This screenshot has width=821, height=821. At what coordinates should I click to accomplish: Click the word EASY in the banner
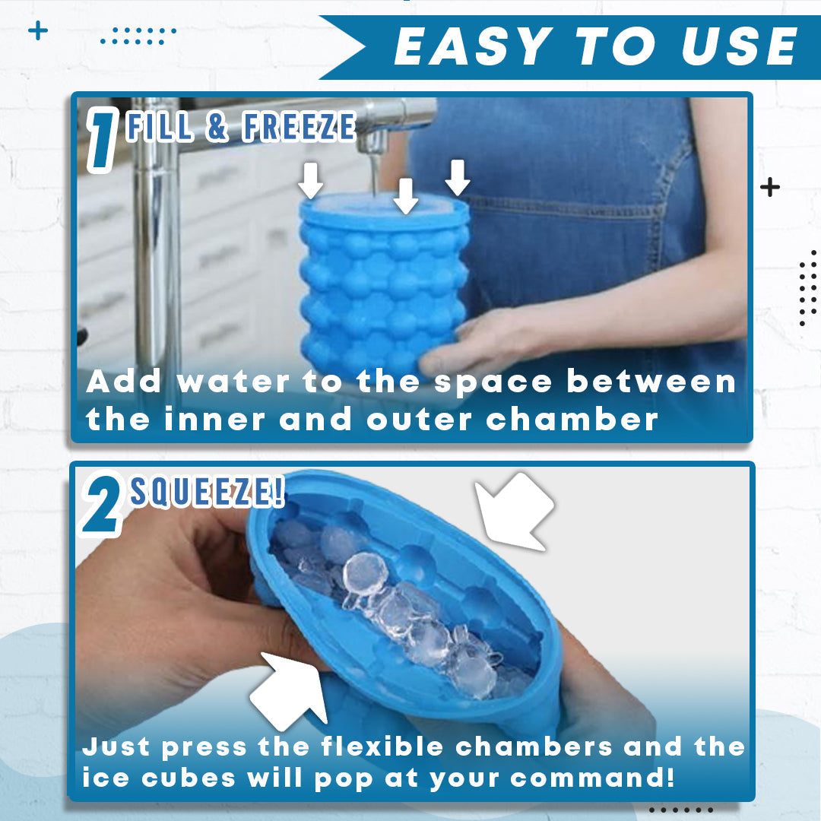[474, 46]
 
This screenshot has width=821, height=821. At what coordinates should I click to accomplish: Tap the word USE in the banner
[740, 46]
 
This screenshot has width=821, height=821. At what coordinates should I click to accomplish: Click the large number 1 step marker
[103, 140]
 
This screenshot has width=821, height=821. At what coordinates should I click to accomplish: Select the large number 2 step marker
[102, 504]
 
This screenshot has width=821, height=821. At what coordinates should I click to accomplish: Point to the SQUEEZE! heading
[208, 491]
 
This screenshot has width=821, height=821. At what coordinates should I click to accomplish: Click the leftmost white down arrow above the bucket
[310, 180]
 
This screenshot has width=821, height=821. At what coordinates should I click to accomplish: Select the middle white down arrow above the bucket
[406, 196]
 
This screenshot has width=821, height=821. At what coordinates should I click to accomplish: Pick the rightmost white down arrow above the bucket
[457, 177]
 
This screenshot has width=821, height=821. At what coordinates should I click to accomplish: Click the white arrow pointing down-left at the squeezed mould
[513, 511]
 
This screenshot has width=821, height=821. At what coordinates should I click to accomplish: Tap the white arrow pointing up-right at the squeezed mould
[290, 690]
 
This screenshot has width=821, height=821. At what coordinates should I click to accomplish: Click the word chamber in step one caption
[572, 420]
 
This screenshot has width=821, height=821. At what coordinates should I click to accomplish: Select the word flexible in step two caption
[382, 746]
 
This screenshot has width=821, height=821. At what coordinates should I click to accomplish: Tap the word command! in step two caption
[593, 778]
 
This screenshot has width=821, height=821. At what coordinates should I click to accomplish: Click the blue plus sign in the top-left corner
[38, 31]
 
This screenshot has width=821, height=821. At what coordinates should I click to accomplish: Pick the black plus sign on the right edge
[769, 187]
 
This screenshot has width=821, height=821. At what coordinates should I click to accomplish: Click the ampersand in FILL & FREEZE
[217, 127]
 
